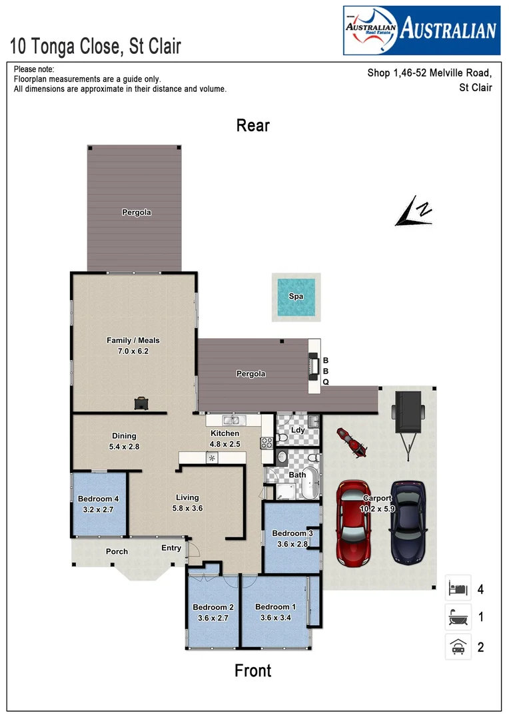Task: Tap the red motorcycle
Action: tap(351, 443)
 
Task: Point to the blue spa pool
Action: tap(296, 296)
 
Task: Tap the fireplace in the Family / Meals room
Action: tap(142, 403)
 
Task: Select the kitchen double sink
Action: tap(232, 420)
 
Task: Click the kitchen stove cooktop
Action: tap(266, 441)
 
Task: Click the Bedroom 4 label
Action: tap(98, 499)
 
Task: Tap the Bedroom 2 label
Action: tap(213, 607)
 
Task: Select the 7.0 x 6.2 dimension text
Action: tap(133, 350)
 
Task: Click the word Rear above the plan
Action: tap(253, 125)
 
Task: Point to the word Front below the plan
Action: tap(253, 670)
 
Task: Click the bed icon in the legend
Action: tap(458, 589)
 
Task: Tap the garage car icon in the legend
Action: tap(458, 647)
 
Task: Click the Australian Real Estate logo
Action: tap(421, 30)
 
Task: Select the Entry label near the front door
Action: tap(171, 548)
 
